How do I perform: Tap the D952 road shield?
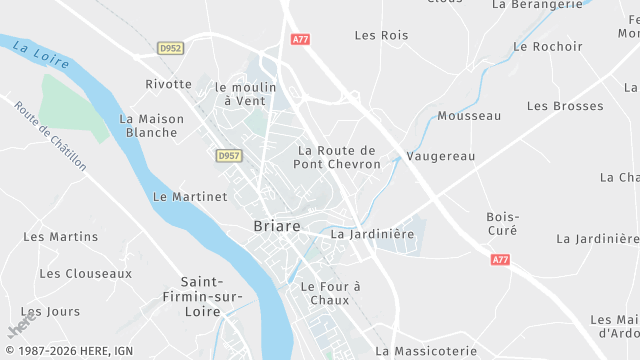171,47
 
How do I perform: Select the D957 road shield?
229,155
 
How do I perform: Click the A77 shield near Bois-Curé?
501,258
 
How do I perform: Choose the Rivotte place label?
168,84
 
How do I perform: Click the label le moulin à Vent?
245,94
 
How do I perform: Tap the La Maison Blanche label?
152,125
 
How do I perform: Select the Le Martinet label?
190,197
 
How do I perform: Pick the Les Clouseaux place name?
85,273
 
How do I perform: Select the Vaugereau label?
441,157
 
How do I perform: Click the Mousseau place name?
469,116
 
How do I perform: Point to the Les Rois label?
381,36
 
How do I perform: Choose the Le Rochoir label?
547,46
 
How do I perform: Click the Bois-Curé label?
502,223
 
